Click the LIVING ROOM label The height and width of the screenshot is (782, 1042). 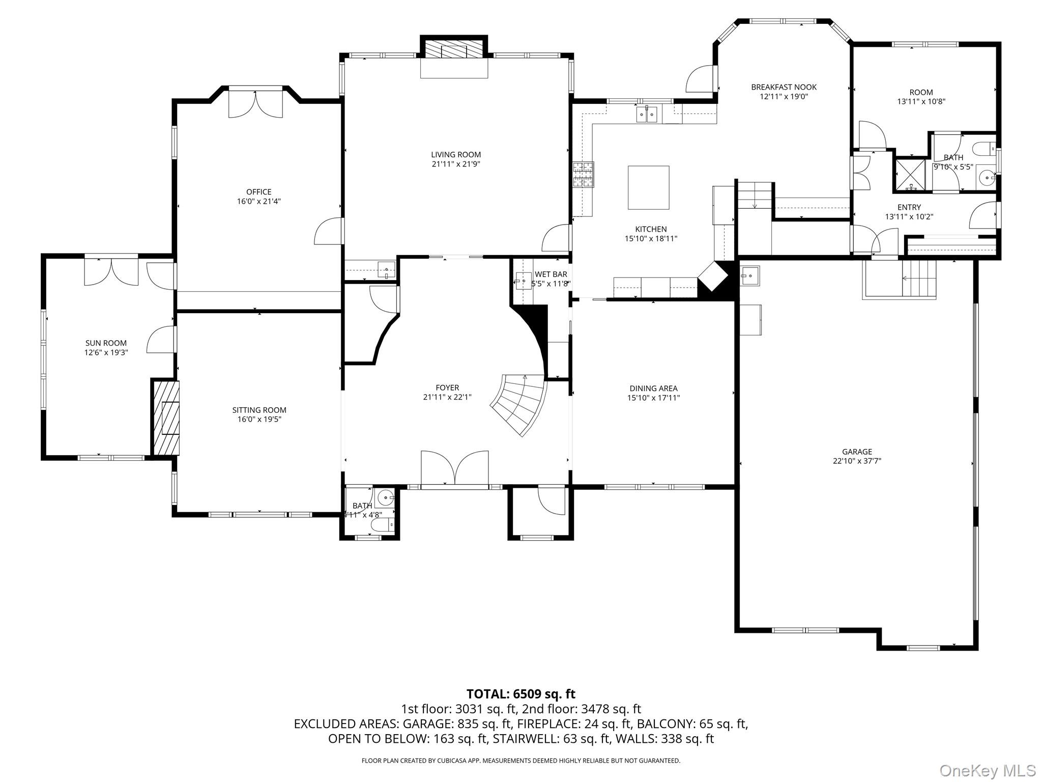pos(456,155)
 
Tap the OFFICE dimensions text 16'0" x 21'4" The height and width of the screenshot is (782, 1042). pos(259,201)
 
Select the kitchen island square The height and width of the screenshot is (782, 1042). pos(648,187)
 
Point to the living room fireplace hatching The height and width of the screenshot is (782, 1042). pos(454,49)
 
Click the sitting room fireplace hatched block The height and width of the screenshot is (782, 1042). pos(166,417)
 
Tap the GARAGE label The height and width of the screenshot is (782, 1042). pos(857,452)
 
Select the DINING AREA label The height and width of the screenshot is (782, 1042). pos(653,388)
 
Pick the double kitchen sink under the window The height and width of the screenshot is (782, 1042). pos(647,115)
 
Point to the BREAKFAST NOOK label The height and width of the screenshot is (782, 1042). pos(784,87)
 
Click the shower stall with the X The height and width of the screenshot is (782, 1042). pos(910,174)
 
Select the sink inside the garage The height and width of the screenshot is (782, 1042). pos(749,275)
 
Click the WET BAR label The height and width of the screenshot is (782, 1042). pos(551,274)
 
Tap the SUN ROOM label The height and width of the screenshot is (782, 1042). pos(106,343)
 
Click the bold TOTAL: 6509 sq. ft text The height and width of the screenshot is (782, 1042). pos(521,694)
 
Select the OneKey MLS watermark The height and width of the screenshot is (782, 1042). pos(987,770)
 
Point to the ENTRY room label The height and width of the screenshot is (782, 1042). pos(909,207)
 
